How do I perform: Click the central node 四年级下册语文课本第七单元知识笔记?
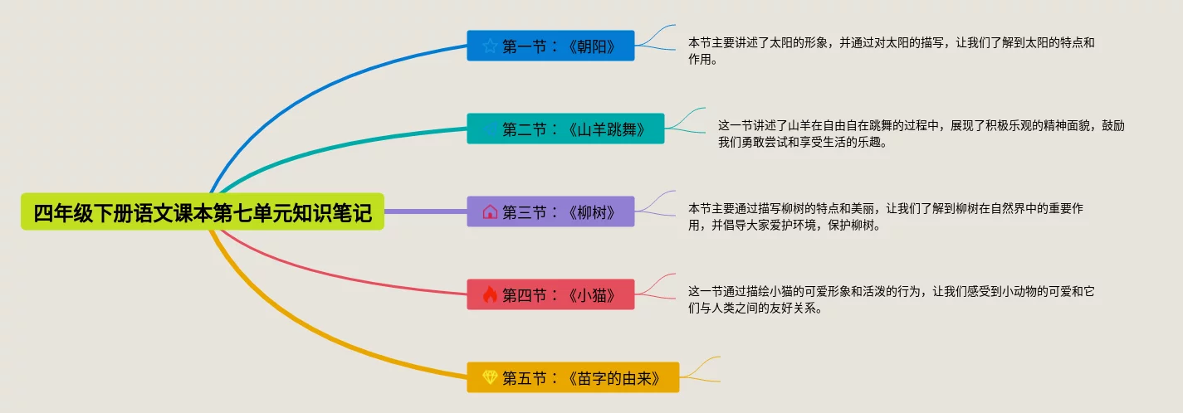point(203,211)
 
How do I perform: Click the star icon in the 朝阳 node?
point(490,46)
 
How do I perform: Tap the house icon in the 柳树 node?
point(490,211)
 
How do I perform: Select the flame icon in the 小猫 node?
point(490,294)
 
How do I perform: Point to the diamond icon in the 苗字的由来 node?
point(490,377)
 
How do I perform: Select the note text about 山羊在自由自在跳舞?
point(921,134)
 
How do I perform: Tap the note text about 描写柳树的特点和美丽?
point(885,216)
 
